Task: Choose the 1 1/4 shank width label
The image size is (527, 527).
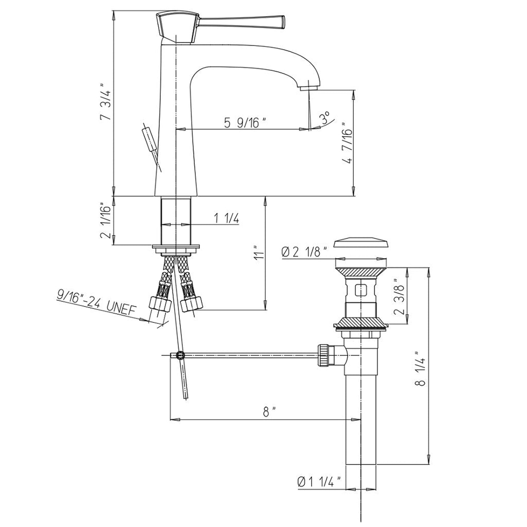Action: point(226,218)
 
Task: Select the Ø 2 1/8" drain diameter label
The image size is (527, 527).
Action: point(305,252)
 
